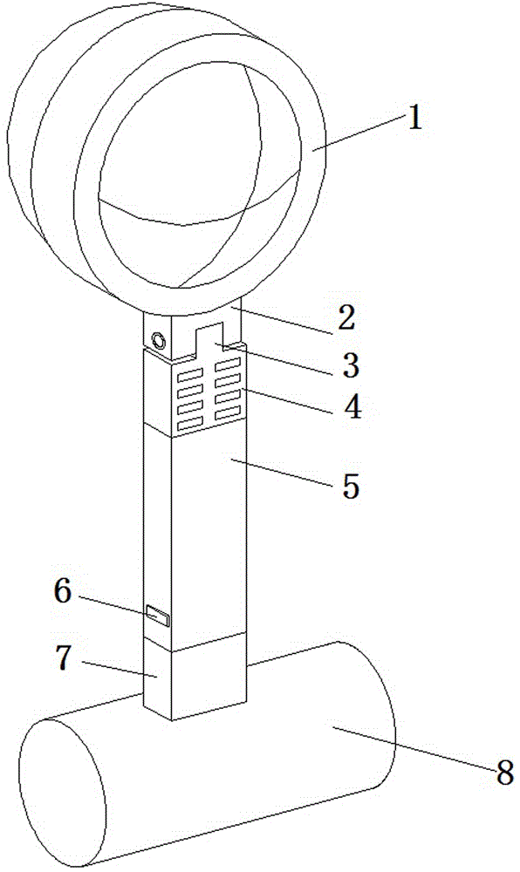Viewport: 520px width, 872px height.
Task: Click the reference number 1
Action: tap(414, 118)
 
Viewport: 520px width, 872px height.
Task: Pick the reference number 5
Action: tap(351, 486)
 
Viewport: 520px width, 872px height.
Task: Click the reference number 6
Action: tap(63, 592)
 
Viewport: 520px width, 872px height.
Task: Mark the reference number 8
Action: tap(504, 772)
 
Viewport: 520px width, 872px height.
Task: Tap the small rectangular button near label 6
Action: tap(157, 617)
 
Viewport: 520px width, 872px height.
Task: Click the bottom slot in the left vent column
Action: tap(188, 426)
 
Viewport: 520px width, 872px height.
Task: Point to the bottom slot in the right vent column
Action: tap(228, 412)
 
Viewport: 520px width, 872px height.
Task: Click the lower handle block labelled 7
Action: tap(195, 680)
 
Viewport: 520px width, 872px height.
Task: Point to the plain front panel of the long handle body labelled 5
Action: tap(209, 534)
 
